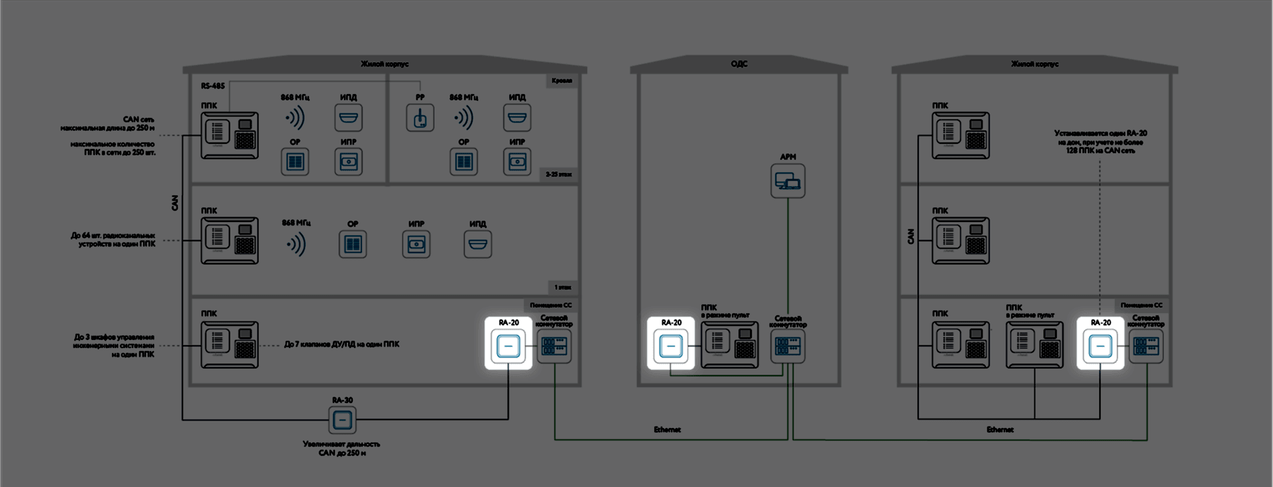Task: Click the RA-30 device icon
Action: [342, 419]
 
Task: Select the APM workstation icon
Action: [788, 181]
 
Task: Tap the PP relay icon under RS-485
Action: [420, 118]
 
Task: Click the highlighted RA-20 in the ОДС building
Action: [671, 345]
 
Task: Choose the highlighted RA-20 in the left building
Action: [509, 345]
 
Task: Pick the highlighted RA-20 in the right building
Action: [1101, 345]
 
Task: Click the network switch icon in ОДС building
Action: [788, 346]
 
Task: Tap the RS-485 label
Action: [213, 86]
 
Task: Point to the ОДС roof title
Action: [739, 64]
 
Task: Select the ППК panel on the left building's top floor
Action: [229, 135]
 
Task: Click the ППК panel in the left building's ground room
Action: [229, 345]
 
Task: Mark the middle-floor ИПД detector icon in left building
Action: [477, 244]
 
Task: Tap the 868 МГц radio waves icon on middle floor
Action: [296, 244]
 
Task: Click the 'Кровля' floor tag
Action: [562, 81]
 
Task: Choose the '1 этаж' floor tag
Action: [562, 288]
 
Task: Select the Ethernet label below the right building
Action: [1000, 430]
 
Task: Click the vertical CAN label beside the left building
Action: [175, 203]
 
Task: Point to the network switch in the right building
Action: [1146, 346]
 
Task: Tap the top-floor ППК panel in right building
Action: [960, 135]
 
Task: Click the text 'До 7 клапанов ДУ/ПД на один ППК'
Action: [341, 345]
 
